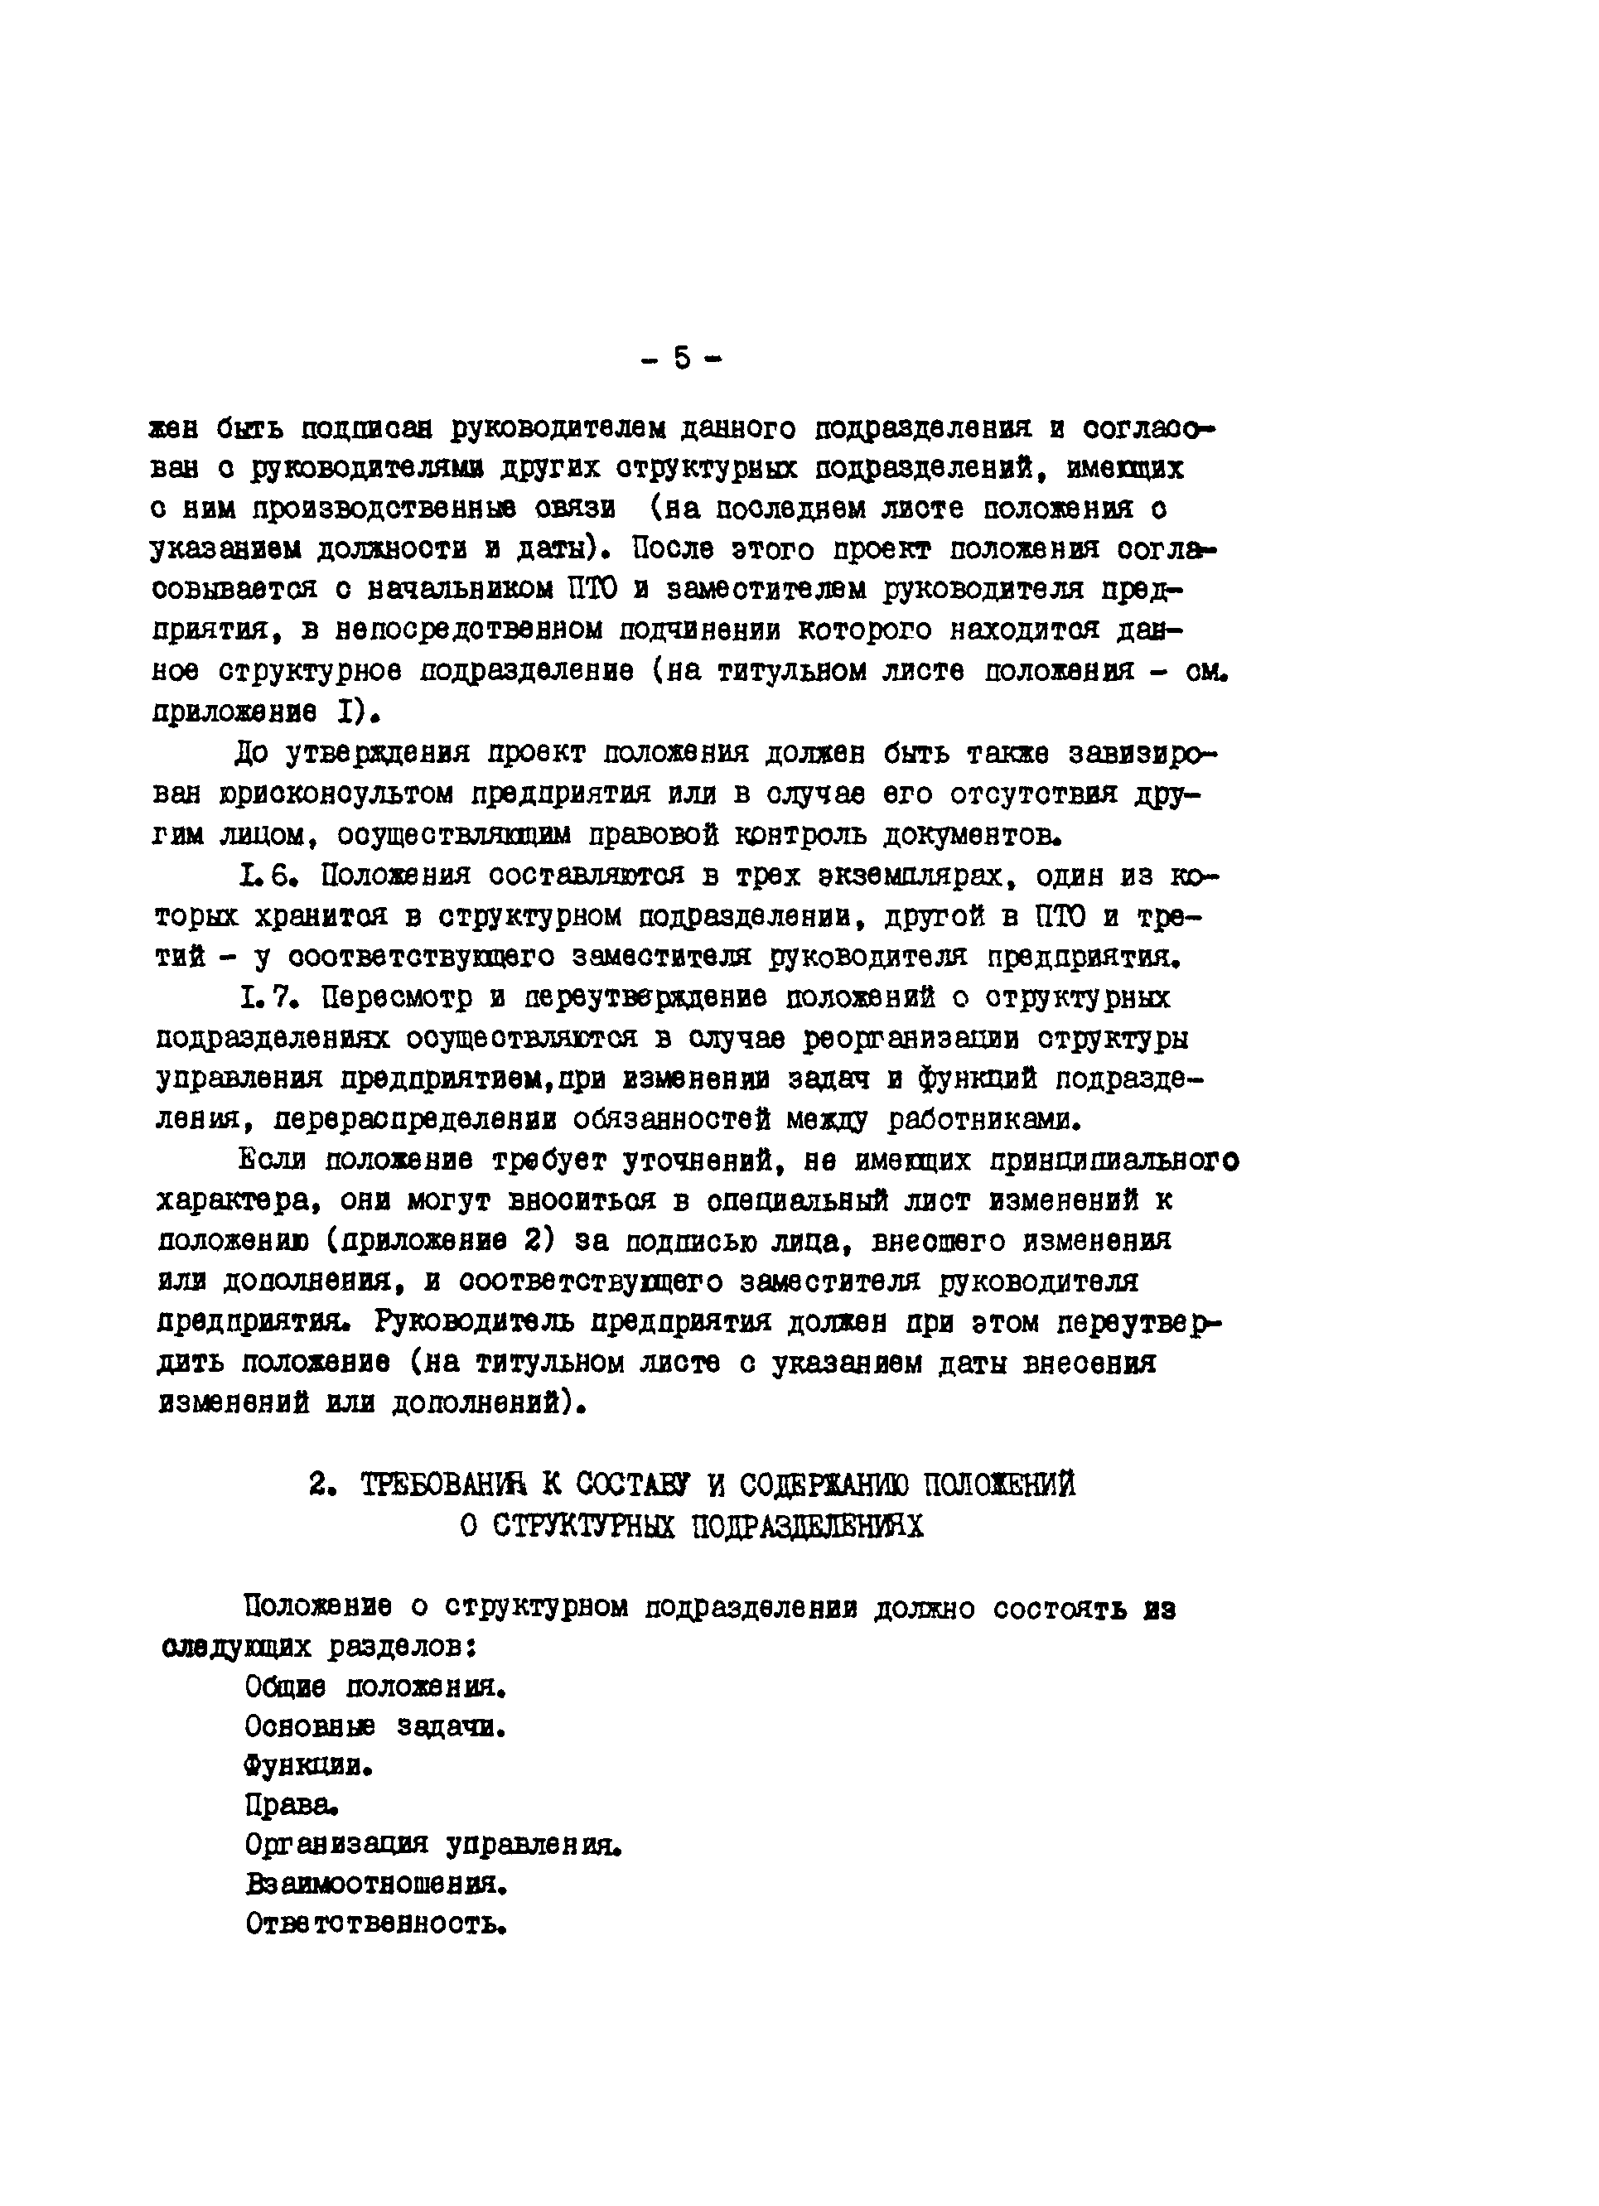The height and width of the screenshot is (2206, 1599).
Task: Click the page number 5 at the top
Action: pyautogui.click(x=681, y=359)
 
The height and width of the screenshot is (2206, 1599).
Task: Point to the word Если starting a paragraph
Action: pyautogui.click(x=272, y=1161)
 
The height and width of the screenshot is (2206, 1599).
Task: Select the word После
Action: pyautogui.click(x=672, y=549)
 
